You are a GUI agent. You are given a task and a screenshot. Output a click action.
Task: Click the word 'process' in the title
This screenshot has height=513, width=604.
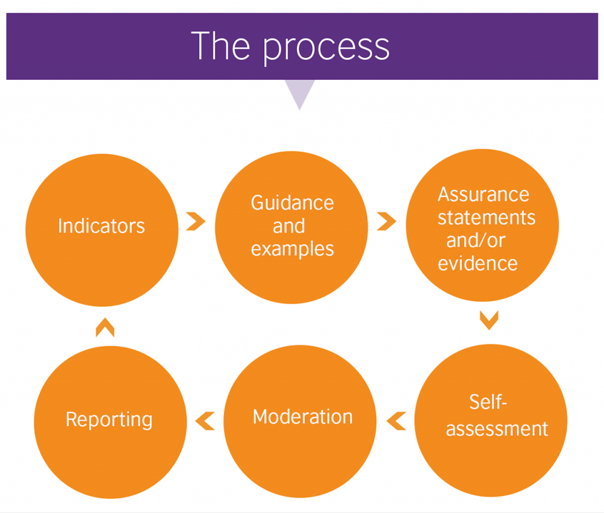tap(326, 47)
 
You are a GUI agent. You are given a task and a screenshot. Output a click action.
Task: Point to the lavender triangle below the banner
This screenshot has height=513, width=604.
tap(300, 93)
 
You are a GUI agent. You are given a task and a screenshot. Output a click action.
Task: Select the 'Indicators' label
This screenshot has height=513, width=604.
tap(101, 226)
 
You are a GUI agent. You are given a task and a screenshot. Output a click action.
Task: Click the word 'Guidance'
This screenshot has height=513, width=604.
tap(293, 203)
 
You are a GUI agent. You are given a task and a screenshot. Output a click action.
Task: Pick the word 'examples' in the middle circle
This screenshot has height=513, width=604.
tap(293, 249)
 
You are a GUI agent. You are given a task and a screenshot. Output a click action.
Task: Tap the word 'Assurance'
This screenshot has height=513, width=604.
tap(484, 195)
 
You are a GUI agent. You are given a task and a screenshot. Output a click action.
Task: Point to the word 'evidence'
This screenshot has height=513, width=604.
tap(478, 263)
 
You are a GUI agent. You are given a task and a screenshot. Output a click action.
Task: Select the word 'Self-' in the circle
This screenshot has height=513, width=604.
tap(488, 402)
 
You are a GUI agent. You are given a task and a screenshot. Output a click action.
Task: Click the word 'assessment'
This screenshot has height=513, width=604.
tap(497, 429)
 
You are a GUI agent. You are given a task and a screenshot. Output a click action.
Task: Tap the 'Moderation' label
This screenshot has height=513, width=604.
tap(303, 417)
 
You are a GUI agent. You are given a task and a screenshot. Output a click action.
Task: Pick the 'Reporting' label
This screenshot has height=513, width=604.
tap(109, 419)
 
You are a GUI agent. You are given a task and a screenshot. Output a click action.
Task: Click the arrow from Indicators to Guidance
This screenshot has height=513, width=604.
tap(196, 222)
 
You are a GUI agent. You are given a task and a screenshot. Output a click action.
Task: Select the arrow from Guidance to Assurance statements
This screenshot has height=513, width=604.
tap(386, 222)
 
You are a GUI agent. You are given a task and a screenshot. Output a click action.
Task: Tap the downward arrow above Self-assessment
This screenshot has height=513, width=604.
tap(489, 320)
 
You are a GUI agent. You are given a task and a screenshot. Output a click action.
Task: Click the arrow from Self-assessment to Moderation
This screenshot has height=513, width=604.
tap(396, 421)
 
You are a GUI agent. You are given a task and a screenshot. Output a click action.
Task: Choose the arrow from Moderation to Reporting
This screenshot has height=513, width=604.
tap(205, 421)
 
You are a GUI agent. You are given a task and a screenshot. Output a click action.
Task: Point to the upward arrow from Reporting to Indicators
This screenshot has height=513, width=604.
tap(105, 327)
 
